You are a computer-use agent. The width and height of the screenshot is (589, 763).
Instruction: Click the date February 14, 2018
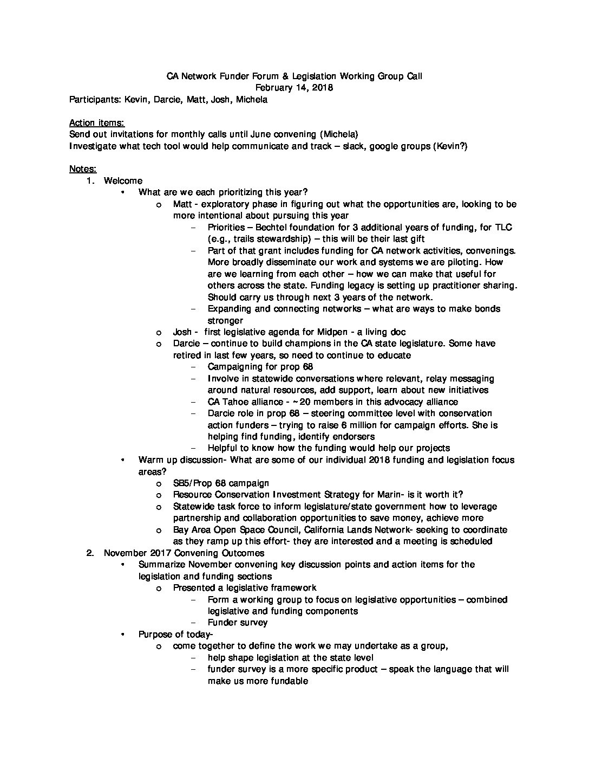click(x=294, y=88)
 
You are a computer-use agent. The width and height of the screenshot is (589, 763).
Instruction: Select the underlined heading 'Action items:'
click(x=97, y=123)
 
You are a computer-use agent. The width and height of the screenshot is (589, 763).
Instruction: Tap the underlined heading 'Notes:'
click(x=83, y=169)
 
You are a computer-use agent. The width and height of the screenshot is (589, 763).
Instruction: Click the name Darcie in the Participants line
click(x=167, y=100)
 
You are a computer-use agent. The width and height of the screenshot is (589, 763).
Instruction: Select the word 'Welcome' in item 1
click(x=123, y=181)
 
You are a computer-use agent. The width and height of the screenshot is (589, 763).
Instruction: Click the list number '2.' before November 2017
click(x=90, y=553)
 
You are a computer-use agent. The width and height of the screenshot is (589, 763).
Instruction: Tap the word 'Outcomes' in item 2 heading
click(x=243, y=553)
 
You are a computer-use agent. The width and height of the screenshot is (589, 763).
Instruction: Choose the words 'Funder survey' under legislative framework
click(x=237, y=623)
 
